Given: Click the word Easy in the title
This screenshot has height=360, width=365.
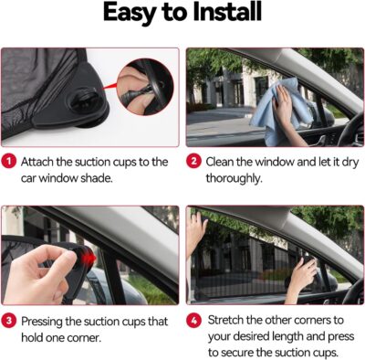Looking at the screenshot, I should click(133, 15).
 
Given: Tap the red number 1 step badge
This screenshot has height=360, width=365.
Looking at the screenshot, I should click(8, 161).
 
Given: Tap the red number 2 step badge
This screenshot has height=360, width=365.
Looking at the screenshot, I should click(194, 161).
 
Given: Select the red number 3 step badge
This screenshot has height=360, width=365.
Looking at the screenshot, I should click(8, 321).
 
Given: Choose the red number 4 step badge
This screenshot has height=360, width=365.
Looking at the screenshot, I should click(194, 321).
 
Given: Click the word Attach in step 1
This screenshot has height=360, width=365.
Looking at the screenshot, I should click(40, 161).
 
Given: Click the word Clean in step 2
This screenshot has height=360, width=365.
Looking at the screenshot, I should click(225, 161).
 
